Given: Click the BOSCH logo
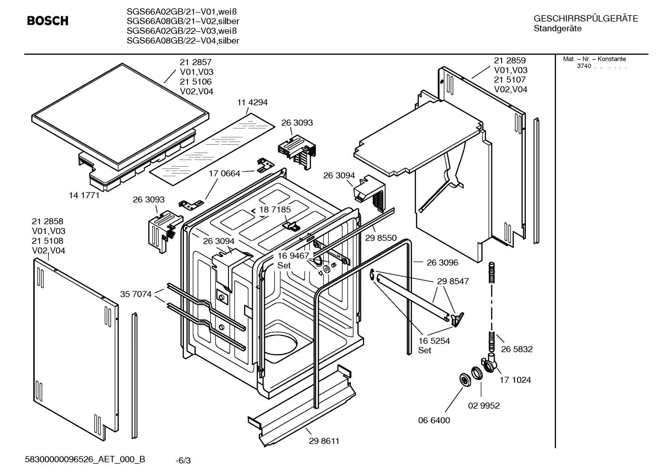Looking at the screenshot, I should click(47, 21).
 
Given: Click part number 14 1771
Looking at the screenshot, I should click(84, 195).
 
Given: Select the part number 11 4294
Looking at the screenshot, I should click(252, 102).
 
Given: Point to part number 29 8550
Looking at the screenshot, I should click(381, 238).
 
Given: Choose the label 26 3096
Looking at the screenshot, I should click(442, 262).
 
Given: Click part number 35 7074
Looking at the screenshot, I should click(135, 294).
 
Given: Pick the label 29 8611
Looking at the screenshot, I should click(324, 441).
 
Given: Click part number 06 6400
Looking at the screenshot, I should click(434, 421).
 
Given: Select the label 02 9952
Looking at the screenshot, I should click(483, 406).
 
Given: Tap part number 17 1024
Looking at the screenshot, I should click(515, 380).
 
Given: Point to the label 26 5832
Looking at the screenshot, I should click(517, 349).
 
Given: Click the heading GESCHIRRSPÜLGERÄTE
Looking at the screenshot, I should click(585, 19).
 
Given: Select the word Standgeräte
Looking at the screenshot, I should click(557, 29).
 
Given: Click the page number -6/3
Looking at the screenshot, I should click(183, 461).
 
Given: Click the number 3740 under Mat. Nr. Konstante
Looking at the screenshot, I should click(584, 66).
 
